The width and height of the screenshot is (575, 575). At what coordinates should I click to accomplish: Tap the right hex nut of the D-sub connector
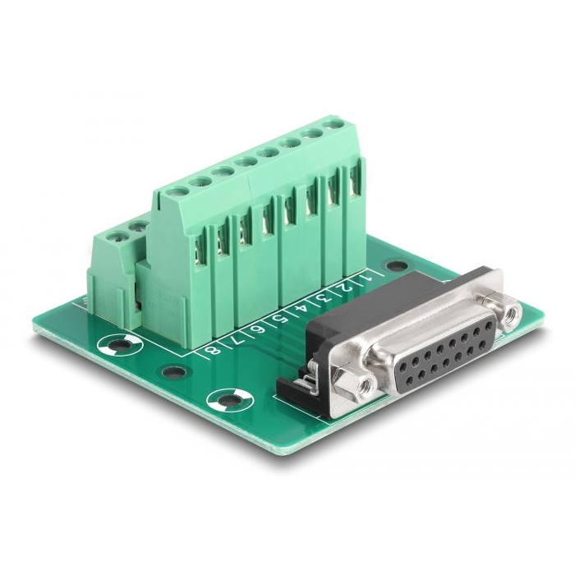pos(512,311)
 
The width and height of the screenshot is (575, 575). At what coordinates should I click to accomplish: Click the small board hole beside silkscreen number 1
pos(396,266)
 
